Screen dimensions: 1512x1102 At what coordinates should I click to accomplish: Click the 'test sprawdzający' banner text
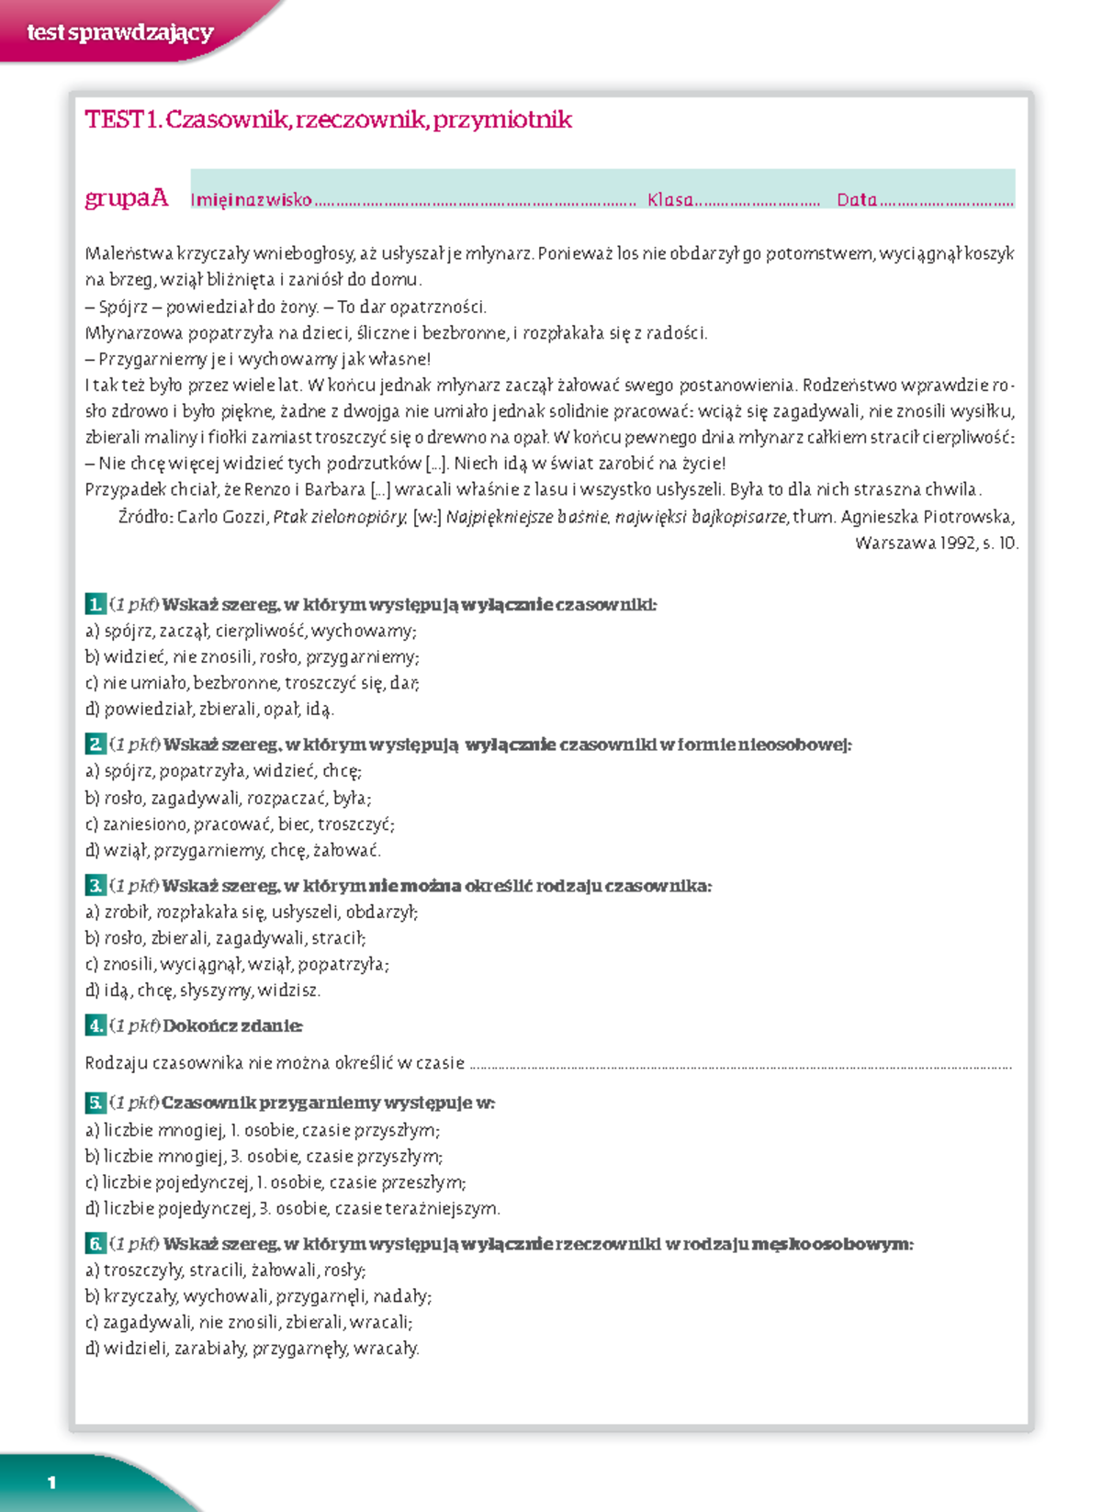[119, 33]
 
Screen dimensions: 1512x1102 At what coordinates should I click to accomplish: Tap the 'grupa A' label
[127, 197]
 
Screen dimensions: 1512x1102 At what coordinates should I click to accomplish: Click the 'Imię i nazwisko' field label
[251, 199]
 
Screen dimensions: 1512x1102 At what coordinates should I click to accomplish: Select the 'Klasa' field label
[670, 199]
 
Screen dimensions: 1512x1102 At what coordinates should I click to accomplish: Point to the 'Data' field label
[856, 199]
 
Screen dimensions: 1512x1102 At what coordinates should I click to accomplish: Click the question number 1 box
[95, 604]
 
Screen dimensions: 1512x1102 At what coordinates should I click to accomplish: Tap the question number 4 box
[95, 1025]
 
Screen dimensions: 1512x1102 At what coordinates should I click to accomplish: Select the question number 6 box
[95, 1243]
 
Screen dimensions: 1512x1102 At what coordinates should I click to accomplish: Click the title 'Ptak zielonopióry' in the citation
[340, 517]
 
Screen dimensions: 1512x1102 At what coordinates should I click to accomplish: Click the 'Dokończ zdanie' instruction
[232, 1025]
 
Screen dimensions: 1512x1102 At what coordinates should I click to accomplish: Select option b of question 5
[264, 1156]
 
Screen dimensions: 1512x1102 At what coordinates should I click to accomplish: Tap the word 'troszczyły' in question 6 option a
[143, 1270]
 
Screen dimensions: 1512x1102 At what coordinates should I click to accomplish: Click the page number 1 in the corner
[51, 1482]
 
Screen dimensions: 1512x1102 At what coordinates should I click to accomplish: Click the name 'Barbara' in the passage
[335, 489]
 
